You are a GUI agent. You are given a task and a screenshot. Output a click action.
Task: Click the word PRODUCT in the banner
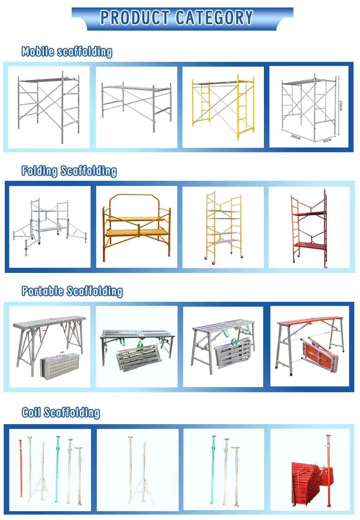[x=135, y=18]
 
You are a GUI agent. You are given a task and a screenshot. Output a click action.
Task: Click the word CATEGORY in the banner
[x=214, y=18]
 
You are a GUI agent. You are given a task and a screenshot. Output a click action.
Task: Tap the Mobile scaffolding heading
[x=67, y=52]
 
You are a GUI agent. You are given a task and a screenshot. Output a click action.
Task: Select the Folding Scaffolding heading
[x=69, y=171]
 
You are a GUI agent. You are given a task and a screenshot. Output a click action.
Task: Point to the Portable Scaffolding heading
[x=72, y=291]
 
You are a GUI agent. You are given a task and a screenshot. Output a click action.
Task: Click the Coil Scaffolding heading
[x=61, y=412]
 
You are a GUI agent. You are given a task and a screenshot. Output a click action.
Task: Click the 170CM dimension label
[x=341, y=105]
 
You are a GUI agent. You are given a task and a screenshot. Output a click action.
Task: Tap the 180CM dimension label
[x=295, y=137]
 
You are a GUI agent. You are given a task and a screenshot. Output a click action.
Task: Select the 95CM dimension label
[x=327, y=140]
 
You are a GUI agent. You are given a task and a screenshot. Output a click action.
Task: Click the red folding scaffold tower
[x=309, y=228]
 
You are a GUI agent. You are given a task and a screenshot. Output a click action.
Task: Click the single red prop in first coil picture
[x=21, y=469]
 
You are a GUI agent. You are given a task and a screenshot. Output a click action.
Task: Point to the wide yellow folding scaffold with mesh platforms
[x=137, y=226]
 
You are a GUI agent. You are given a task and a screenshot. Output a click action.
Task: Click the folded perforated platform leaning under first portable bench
[x=60, y=366]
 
